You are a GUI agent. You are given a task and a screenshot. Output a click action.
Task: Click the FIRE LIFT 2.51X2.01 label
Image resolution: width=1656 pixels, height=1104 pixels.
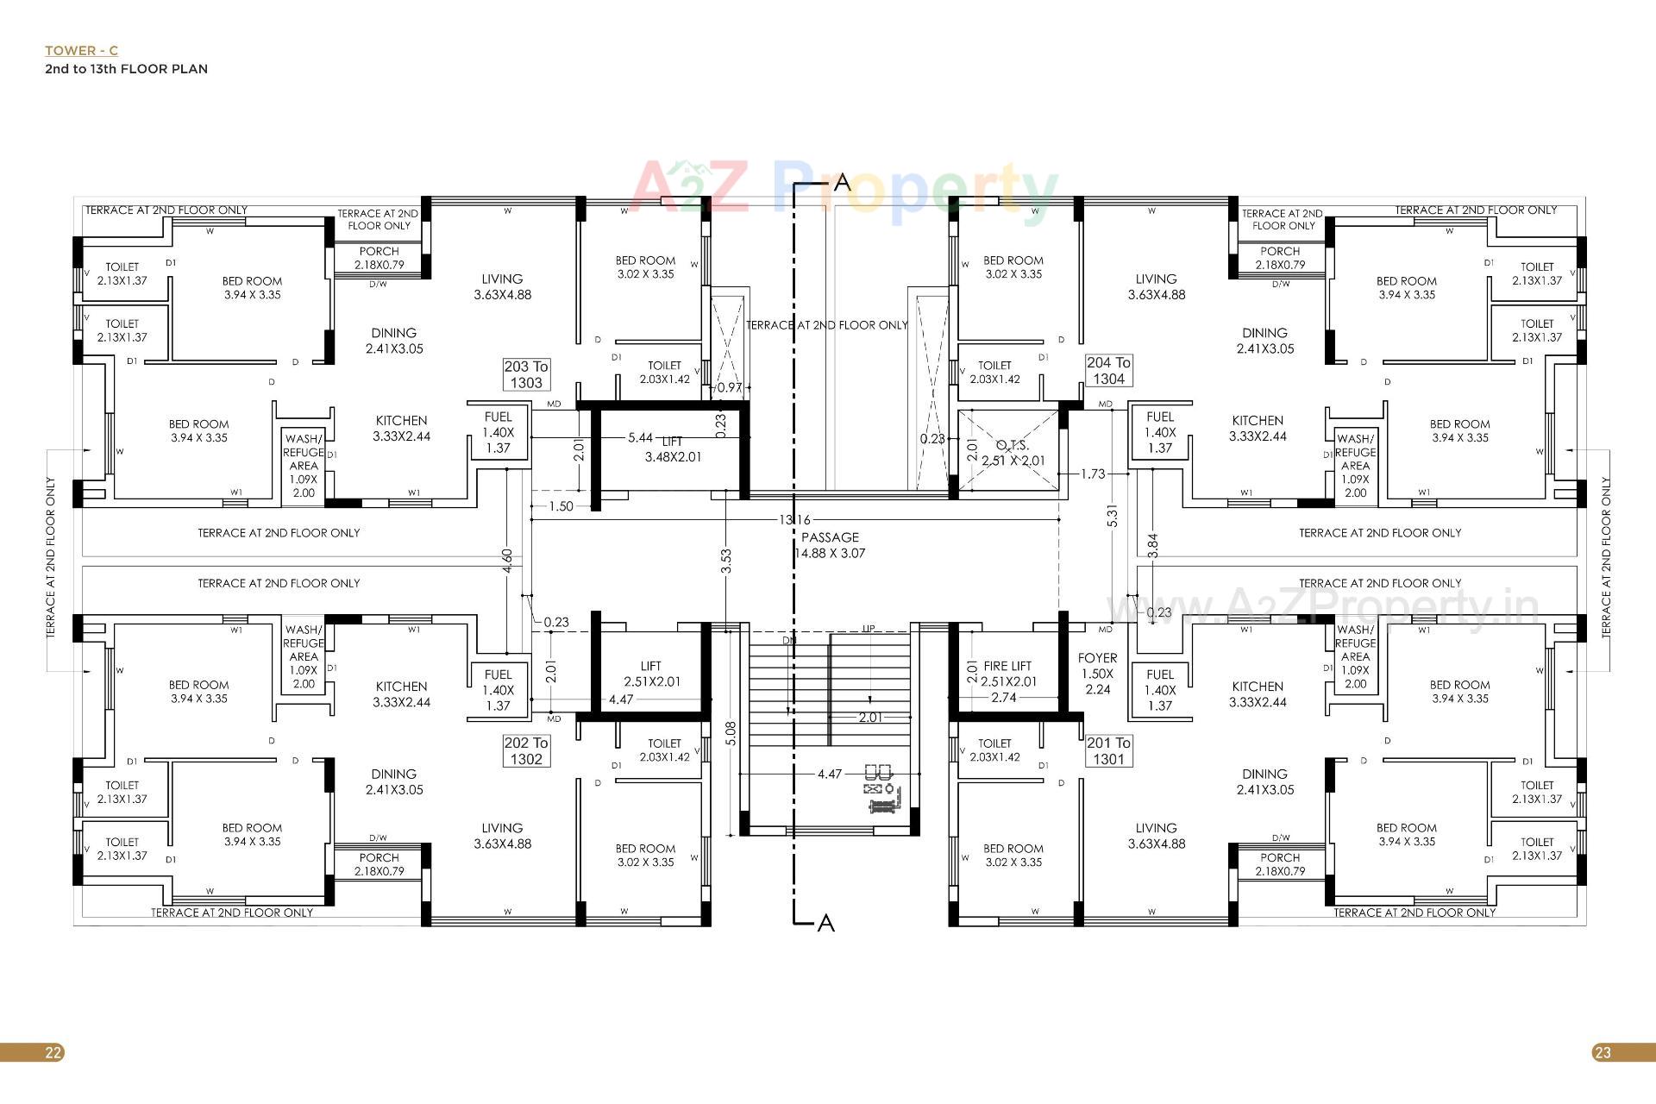click(x=1007, y=674)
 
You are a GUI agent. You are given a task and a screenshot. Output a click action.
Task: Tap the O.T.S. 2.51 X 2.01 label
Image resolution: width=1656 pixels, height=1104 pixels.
click(x=1013, y=453)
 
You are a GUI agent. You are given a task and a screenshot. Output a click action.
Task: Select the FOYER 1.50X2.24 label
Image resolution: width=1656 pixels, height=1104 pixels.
click(x=1097, y=673)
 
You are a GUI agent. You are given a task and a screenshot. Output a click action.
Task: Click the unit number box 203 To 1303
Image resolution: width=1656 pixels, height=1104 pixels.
click(x=526, y=374)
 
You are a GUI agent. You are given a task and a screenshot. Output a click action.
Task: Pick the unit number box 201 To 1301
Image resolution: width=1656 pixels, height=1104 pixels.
click(x=1108, y=750)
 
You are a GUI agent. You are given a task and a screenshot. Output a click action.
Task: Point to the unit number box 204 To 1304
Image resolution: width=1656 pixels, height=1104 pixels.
click(x=1108, y=371)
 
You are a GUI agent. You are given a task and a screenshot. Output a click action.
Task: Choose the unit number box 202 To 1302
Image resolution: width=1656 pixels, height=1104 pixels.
click(x=526, y=750)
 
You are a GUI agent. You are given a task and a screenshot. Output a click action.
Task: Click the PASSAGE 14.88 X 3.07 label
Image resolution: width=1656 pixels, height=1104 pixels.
click(x=830, y=545)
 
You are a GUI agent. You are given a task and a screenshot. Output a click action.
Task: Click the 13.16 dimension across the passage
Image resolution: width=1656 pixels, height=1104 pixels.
click(x=794, y=520)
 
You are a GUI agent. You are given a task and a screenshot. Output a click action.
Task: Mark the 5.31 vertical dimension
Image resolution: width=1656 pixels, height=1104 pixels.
click(x=1113, y=516)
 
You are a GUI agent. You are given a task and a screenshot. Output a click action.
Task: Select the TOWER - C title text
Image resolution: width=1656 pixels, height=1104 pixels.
click(x=82, y=51)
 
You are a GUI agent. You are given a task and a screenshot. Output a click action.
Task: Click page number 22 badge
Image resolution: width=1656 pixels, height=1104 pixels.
click(x=53, y=1052)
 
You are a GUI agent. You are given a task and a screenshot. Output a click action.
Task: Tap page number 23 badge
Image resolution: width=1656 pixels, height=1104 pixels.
click(x=1602, y=1052)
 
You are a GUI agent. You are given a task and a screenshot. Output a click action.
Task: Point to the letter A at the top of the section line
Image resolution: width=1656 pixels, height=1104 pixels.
click(x=842, y=182)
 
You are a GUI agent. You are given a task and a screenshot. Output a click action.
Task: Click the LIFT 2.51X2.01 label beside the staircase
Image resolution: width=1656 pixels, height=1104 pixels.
click(x=651, y=674)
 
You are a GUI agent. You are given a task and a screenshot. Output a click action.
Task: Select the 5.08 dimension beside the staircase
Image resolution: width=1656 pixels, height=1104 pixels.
click(x=731, y=733)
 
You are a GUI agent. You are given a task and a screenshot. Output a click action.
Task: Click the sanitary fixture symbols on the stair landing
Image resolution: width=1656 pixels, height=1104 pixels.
click(x=881, y=787)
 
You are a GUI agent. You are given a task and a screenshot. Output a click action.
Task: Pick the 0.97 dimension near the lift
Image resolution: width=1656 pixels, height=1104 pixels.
click(x=730, y=387)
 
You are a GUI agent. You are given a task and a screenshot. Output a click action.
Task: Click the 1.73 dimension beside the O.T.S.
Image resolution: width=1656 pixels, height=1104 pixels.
click(x=1092, y=474)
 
